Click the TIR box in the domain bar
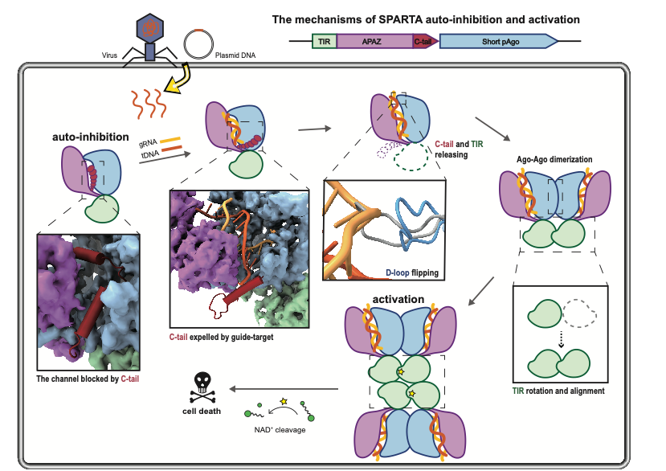pos(324,41)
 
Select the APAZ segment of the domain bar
pos(374,41)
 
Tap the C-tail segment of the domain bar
pos(424,41)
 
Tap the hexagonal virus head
pos(149,26)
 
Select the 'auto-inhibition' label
pos(90,137)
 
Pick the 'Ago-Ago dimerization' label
pos(555,159)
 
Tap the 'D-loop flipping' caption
pos(412,272)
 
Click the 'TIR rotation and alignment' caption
pos(558,391)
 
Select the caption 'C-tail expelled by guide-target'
pos(221,337)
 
